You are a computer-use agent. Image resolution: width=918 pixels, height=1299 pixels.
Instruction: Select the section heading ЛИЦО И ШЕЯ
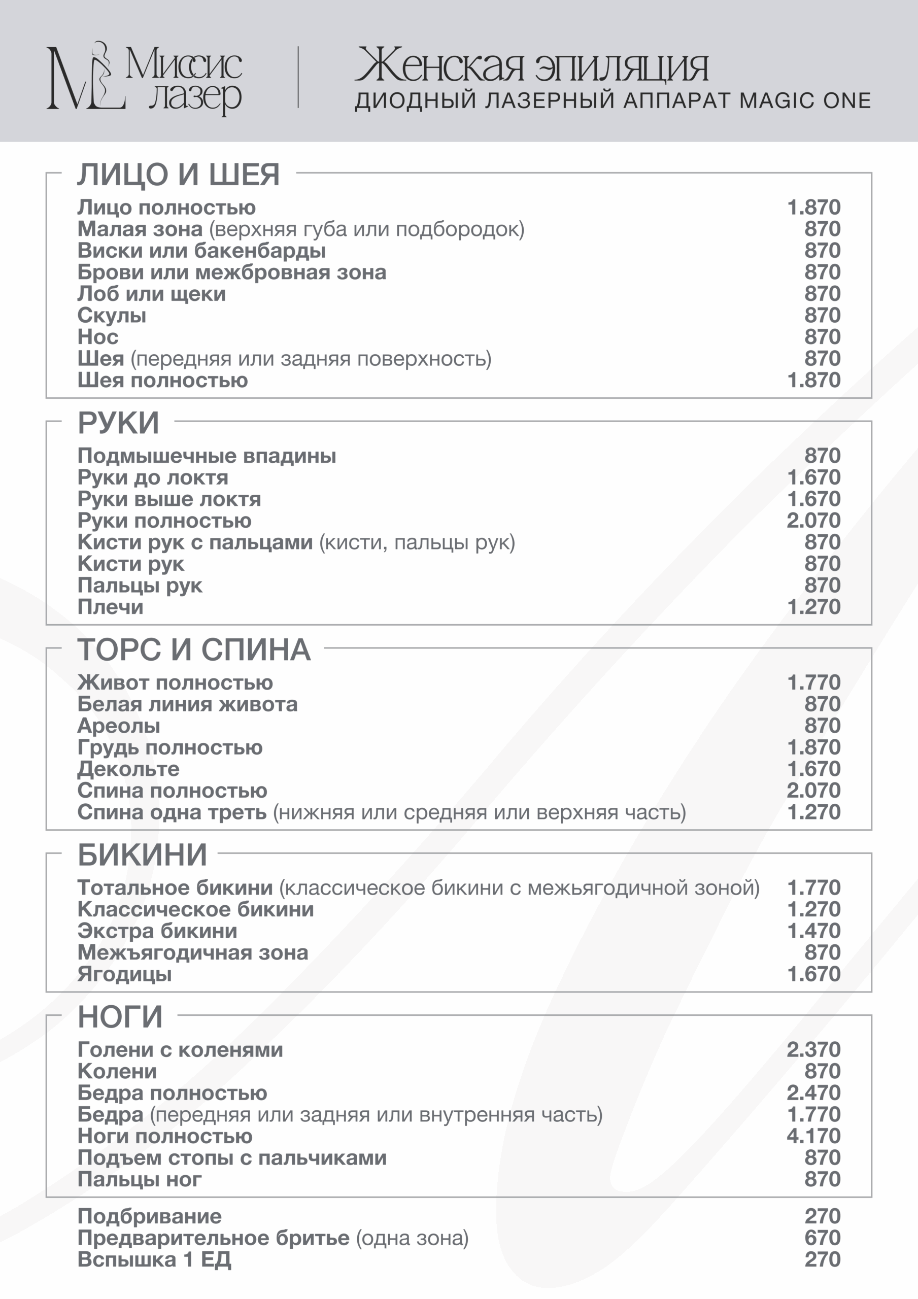[x=178, y=174]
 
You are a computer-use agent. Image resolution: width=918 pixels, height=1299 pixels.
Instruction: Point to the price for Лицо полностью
[x=813, y=208]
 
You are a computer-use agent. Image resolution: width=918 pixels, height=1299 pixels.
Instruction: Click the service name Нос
[x=98, y=337]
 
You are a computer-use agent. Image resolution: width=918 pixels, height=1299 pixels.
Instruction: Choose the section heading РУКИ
[x=118, y=423]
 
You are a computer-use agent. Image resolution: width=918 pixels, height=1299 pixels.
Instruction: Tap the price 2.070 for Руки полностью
[x=813, y=521]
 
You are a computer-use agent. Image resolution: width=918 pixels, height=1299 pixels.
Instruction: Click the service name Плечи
[x=110, y=607]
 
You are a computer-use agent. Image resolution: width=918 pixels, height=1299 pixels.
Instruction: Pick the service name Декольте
[x=128, y=769]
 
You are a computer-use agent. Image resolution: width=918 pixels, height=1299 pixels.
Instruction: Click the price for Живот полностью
[x=813, y=683]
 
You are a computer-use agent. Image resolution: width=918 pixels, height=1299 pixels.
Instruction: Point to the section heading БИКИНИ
[x=142, y=855]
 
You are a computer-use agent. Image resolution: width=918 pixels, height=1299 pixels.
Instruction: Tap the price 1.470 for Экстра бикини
[x=813, y=931]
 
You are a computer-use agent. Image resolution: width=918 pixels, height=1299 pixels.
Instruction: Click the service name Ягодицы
[x=124, y=975]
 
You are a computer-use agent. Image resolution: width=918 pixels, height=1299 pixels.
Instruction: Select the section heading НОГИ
[x=120, y=1017]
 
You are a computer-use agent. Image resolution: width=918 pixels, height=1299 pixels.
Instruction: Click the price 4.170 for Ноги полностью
[x=813, y=1136]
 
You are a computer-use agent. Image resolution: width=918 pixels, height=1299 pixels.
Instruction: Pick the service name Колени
[x=117, y=1072]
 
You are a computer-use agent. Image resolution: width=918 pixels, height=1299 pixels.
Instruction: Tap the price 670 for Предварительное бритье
[x=823, y=1238]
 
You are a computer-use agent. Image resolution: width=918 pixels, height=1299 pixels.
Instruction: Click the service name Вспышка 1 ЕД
[x=154, y=1260]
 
